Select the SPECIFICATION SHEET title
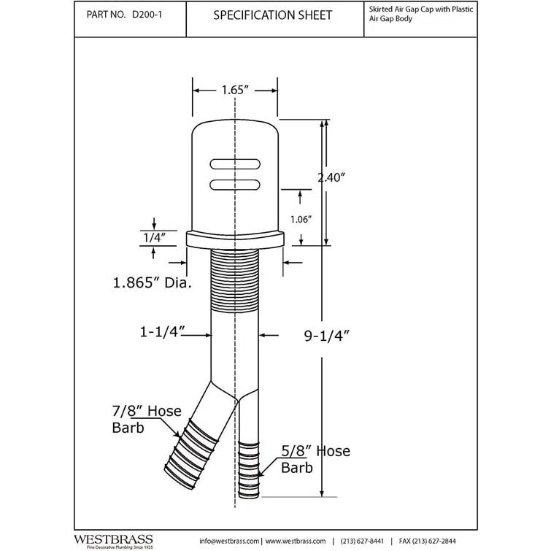274,15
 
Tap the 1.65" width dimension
234,90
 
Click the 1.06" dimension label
300,218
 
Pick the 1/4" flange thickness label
153,236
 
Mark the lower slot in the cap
234,185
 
